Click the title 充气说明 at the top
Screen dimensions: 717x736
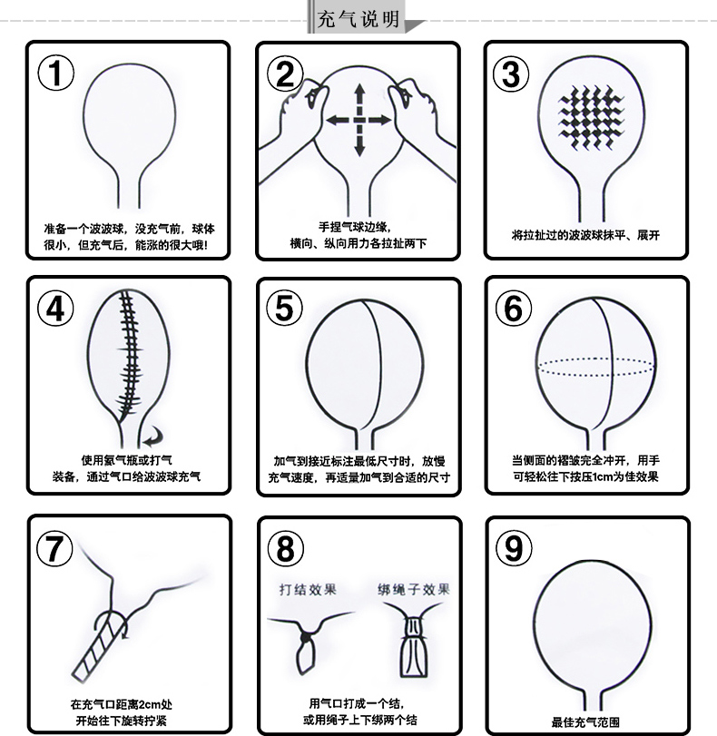[358, 19]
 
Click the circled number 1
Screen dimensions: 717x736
[56, 73]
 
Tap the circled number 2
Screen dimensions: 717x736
[285, 74]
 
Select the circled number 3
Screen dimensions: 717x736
[511, 74]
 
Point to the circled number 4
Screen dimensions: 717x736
[55, 309]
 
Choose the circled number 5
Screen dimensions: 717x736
[285, 309]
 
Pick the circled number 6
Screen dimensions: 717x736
[514, 309]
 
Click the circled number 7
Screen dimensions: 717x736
[54, 548]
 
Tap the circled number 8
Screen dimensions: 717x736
[285, 548]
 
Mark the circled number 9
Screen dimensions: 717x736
[515, 548]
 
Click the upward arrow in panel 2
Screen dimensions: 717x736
[359, 99]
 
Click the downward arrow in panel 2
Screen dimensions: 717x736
[359, 141]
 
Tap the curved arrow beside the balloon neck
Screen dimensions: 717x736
[154, 437]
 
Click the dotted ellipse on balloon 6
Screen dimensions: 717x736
[596, 367]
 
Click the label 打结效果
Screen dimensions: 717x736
[308, 589]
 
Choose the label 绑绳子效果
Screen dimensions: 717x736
[414, 589]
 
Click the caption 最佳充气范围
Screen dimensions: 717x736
[585, 721]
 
